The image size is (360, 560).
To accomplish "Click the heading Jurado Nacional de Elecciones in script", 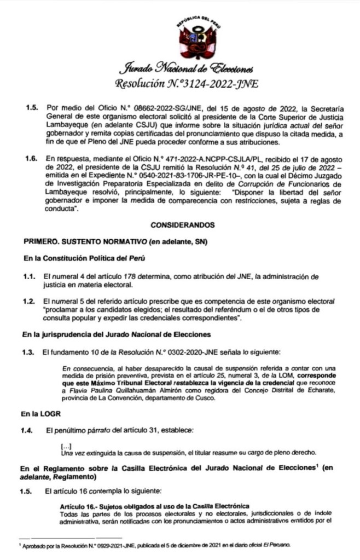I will click(185, 70).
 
